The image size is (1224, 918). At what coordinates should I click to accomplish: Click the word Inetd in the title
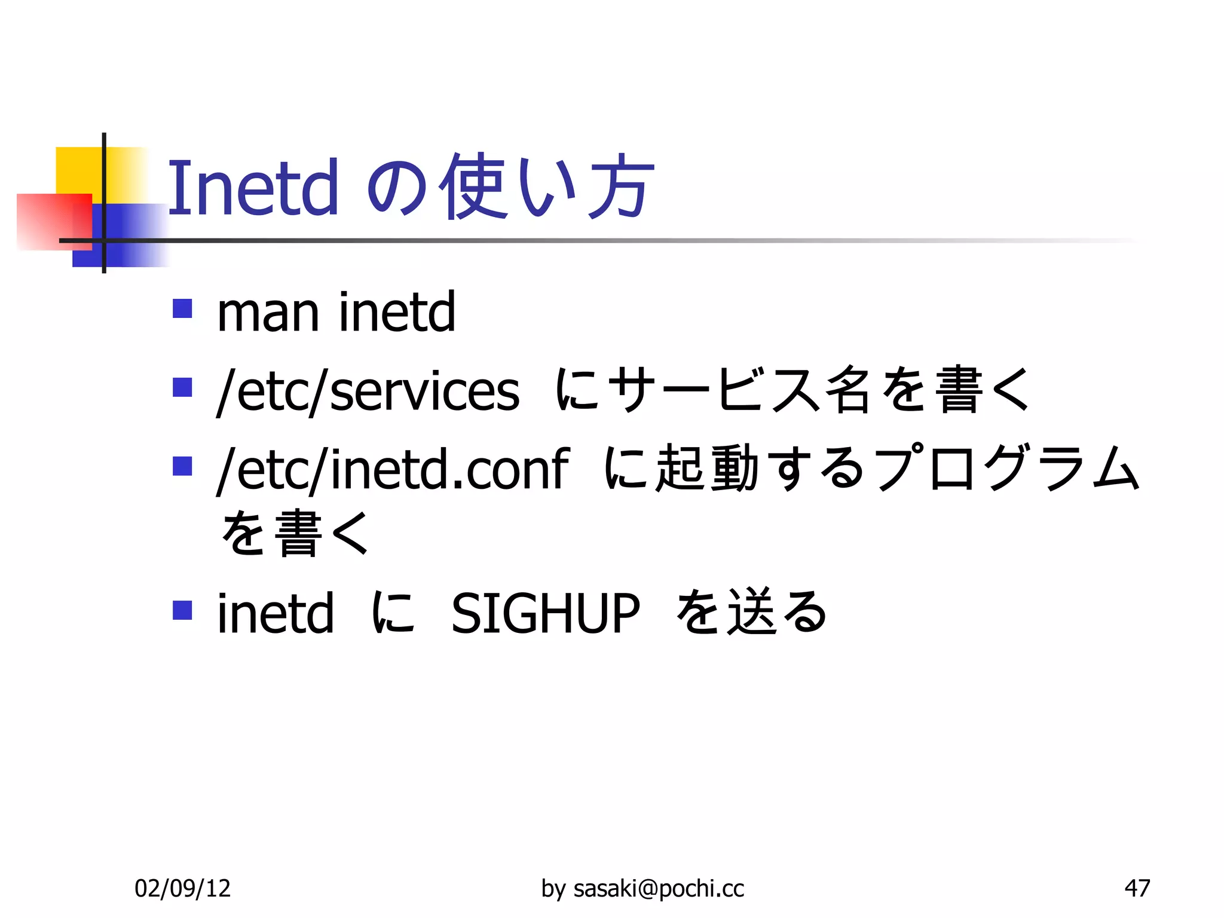[x=253, y=188]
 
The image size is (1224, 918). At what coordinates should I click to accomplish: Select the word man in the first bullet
[x=267, y=313]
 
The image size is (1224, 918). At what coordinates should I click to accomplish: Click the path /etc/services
[x=368, y=391]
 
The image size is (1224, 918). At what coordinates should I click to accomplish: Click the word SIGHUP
[x=545, y=613]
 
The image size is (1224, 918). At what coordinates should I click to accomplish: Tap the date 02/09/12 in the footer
[x=182, y=888]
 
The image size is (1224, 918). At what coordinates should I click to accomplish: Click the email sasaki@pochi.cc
[x=659, y=889]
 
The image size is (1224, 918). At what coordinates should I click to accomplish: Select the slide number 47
[x=1137, y=888]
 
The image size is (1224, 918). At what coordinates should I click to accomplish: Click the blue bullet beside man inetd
[x=182, y=308]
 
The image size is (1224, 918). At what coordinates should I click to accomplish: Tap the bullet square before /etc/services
[x=182, y=387]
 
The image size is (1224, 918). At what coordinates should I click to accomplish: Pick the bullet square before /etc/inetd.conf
[x=182, y=466]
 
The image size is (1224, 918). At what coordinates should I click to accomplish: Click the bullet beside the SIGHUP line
[x=182, y=610]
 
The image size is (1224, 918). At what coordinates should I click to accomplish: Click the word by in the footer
[x=553, y=889]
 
